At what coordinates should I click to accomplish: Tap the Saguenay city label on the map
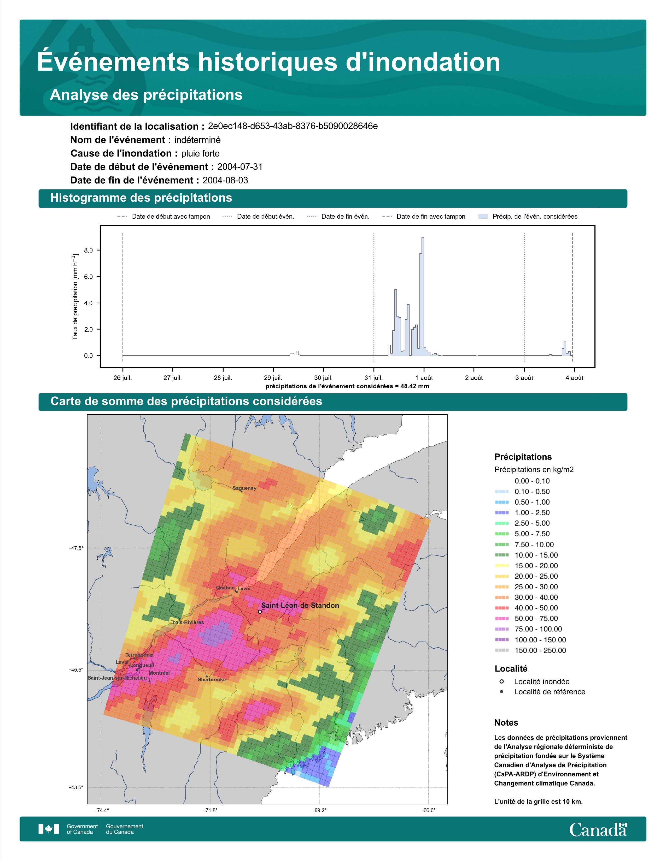click(244, 488)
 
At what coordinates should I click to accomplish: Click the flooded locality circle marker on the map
click(260, 612)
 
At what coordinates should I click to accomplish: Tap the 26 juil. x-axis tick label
click(123, 378)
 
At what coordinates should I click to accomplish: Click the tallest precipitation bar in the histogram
click(423, 296)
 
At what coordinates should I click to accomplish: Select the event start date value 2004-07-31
click(240, 167)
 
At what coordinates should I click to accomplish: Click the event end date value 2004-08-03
click(225, 180)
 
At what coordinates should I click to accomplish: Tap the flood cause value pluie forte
click(200, 153)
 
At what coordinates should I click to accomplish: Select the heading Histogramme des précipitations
click(141, 198)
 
